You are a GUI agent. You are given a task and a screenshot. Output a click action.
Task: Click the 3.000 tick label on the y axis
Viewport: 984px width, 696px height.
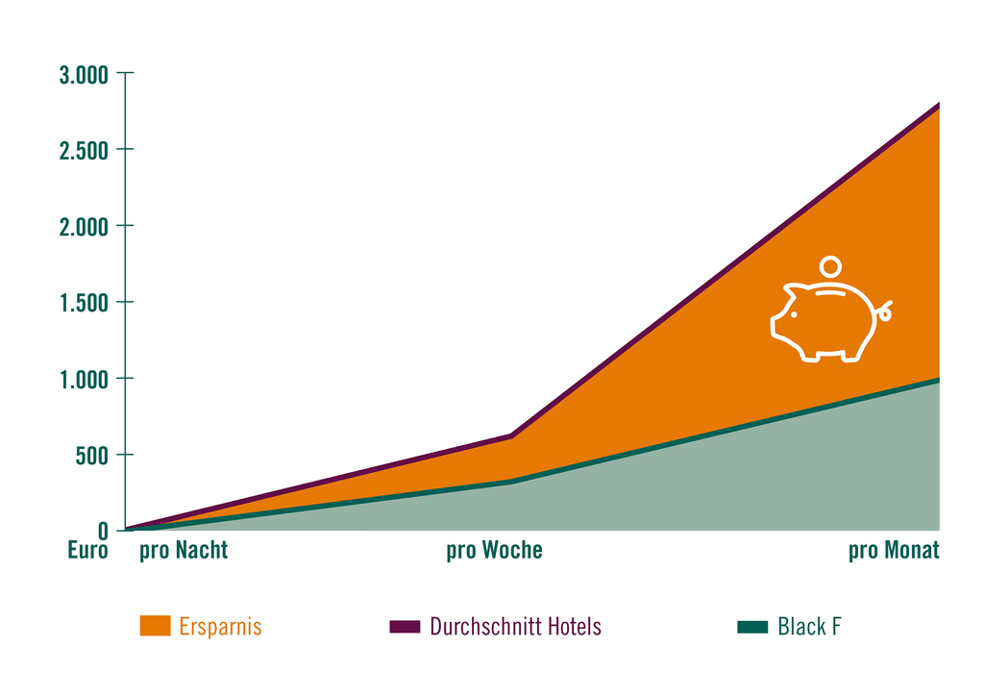coord(84,75)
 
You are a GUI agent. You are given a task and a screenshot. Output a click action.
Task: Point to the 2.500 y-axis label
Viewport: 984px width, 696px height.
coord(84,151)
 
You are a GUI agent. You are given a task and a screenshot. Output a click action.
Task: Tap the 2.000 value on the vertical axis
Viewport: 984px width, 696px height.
coord(84,227)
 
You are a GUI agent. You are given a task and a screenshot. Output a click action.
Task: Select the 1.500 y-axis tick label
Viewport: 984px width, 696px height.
coord(85,303)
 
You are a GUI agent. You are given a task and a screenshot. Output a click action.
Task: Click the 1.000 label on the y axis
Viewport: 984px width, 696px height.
coord(85,380)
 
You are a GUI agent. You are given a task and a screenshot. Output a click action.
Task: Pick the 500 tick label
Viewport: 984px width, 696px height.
coord(91,456)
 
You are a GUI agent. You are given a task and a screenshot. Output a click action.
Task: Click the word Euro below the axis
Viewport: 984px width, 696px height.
coord(87,550)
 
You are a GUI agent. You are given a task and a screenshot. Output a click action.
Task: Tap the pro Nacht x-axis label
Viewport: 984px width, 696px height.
coord(184,551)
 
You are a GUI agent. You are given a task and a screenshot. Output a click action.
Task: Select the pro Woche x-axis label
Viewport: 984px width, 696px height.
coord(495,551)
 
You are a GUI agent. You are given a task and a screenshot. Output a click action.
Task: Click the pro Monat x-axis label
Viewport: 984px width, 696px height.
coord(894,551)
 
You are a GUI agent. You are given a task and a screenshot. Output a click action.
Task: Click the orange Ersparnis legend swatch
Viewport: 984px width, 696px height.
coord(155,626)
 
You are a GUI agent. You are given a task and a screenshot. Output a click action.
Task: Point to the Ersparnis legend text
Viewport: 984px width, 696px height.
coord(220,627)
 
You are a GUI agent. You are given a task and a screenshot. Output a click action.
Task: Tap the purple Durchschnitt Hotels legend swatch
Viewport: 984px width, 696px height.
coord(405,627)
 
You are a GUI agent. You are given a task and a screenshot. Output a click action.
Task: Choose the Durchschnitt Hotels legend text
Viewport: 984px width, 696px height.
coord(515,627)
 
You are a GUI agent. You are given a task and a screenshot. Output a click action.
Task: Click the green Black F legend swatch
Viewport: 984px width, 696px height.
coord(752,627)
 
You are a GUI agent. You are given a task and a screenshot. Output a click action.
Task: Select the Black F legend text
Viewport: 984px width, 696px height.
coord(809,627)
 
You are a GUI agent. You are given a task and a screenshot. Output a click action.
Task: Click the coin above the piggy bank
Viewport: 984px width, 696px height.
coord(830,266)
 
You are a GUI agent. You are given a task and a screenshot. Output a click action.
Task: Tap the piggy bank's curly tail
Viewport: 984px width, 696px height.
coord(884,311)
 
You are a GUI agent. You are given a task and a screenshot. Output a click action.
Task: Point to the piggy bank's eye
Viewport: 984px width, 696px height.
coord(794,314)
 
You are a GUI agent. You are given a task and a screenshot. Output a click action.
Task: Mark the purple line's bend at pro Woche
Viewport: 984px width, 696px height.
coord(511,435)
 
